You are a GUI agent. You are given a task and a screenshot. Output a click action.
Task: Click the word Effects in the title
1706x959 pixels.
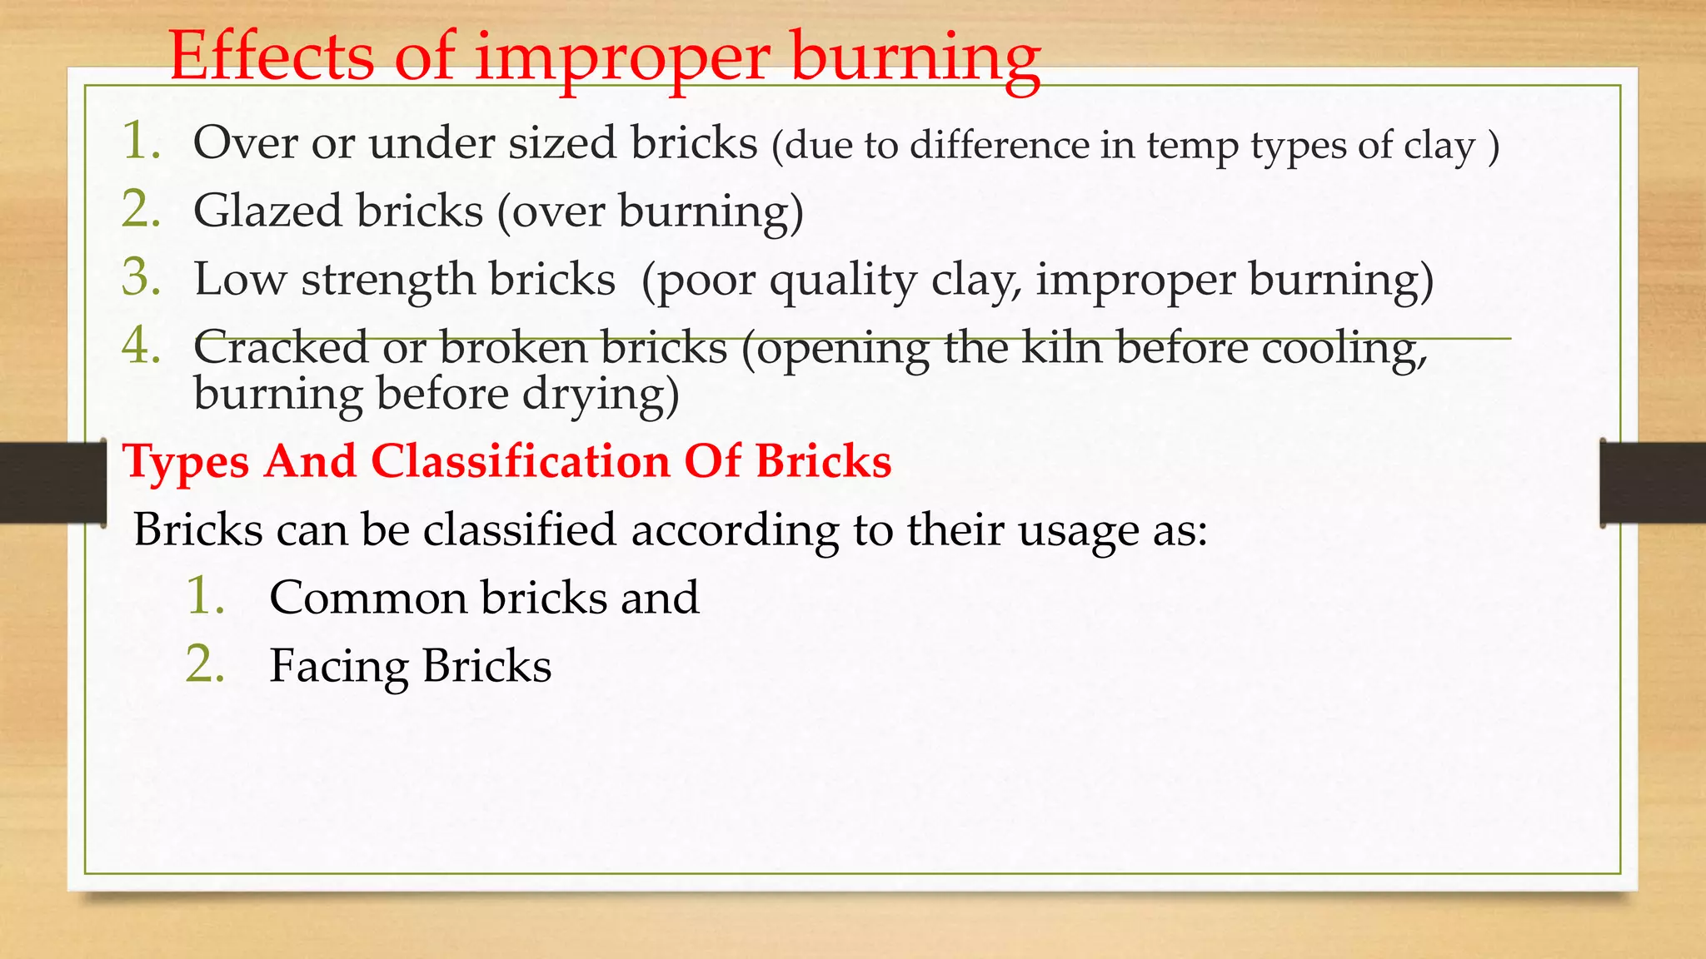(x=272, y=57)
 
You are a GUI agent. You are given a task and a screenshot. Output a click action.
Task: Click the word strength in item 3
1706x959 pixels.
(x=387, y=280)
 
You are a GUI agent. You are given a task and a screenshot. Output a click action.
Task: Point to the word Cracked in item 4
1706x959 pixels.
(x=281, y=347)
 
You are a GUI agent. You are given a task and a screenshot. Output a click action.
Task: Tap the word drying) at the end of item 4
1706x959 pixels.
(x=601, y=395)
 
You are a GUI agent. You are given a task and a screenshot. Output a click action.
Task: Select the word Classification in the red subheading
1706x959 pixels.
(x=521, y=461)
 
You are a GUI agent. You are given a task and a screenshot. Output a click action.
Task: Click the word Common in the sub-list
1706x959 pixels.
(x=367, y=599)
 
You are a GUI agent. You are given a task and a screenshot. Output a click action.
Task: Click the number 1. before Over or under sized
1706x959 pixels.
(x=141, y=141)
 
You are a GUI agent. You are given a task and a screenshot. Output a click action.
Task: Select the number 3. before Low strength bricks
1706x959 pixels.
(x=141, y=277)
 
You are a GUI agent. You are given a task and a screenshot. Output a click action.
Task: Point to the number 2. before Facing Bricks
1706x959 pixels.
(x=205, y=665)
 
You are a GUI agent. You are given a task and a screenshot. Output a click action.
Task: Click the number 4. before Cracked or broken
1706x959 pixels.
(x=141, y=345)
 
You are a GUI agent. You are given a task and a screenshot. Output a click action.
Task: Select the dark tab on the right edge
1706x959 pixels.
(x=1653, y=483)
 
